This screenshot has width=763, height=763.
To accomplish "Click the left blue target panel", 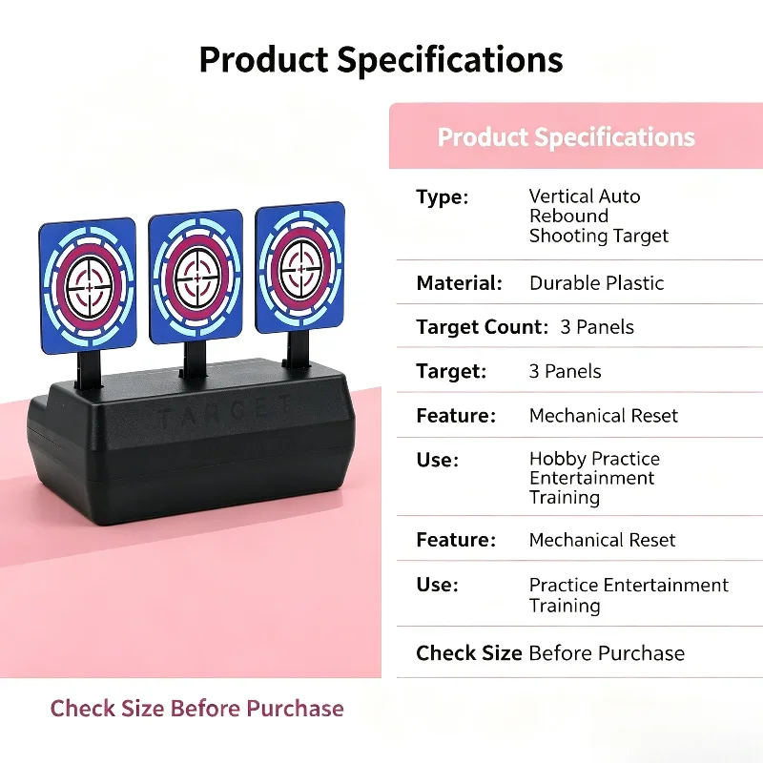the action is pos(88,285).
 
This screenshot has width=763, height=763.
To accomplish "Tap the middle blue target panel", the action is pos(196,277).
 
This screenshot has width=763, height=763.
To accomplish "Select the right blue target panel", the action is pos(300,267).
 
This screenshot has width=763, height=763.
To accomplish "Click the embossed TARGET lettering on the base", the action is pos(225,413).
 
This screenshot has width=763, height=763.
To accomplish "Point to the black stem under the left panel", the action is pos(89,370).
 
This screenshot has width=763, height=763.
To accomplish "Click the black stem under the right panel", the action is pos(297,349).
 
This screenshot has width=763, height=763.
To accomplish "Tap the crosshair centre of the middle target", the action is pos(196,278).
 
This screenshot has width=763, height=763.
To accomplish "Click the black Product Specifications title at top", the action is pos(381,60).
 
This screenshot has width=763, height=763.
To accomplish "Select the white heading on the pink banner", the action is pos(566,136).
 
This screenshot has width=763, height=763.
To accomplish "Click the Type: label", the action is pos(443,197).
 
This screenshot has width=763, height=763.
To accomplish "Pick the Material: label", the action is pos(460,282).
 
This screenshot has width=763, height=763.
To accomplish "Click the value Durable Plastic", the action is pos(597,282).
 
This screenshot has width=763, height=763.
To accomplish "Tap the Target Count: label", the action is pos(483,327).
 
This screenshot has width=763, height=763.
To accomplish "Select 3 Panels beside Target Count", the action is pos(597,327).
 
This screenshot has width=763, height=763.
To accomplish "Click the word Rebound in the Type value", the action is pos(568,216).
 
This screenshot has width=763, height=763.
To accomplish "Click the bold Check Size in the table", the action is pos(469,653).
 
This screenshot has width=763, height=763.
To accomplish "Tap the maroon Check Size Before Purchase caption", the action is pos(197,708).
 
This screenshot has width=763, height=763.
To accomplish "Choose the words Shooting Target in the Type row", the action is pos(599,236).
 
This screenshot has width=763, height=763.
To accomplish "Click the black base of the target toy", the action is pos(193,445).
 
